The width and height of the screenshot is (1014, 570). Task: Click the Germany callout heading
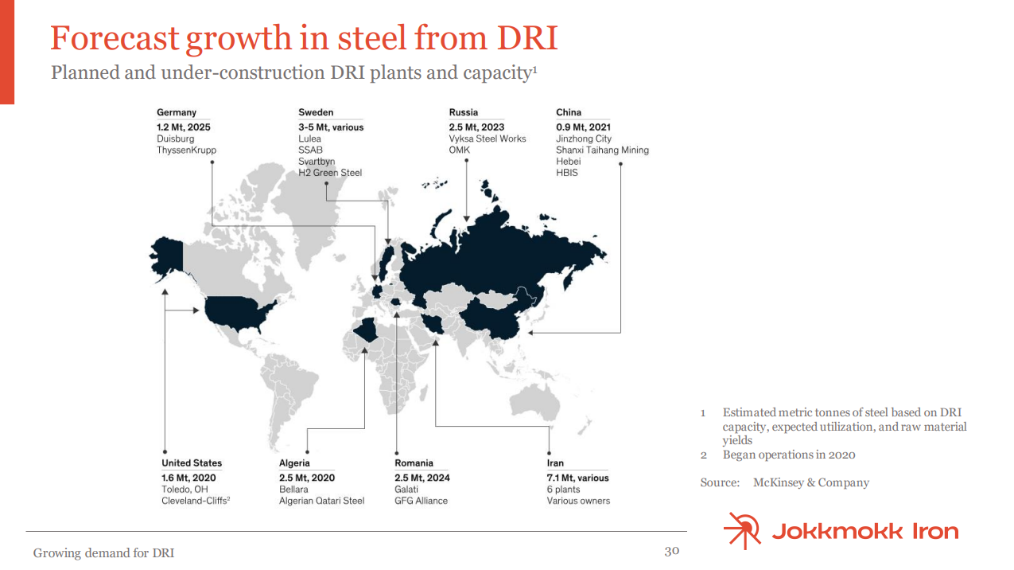point(177,112)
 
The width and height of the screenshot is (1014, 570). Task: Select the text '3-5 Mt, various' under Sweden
point(331,127)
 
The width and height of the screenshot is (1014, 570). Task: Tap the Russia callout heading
point(464,112)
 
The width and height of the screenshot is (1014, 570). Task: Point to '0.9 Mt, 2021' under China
point(584,127)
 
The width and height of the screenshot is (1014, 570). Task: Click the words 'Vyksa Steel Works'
point(488,139)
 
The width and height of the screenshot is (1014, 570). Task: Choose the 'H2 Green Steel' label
point(330,173)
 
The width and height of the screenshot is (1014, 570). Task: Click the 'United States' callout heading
point(192,463)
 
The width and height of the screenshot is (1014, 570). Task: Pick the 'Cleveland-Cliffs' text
point(194,501)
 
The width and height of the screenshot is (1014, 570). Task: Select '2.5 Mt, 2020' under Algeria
point(307,478)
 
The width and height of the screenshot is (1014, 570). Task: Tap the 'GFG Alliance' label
point(421,501)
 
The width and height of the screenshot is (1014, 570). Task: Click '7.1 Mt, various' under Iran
point(577,478)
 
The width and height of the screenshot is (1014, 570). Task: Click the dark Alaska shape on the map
point(166,257)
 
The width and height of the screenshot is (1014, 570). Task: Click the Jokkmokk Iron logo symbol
point(743,530)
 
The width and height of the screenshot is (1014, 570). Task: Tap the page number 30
point(672,551)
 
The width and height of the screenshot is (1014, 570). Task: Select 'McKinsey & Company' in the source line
point(811,482)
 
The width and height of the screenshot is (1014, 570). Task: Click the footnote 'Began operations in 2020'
point(789,455)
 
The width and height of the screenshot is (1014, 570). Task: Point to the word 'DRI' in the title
point(527,38)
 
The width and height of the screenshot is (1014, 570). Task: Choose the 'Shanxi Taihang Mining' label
point(603,150)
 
